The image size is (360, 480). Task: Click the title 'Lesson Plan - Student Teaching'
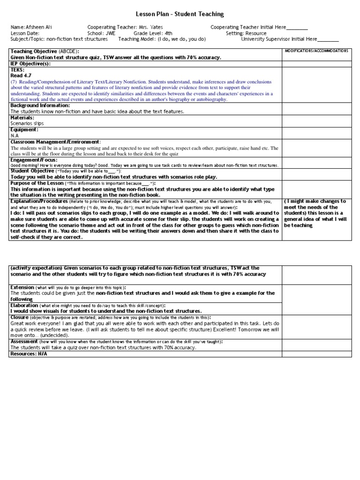point(180,15)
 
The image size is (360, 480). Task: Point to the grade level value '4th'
point(169,33)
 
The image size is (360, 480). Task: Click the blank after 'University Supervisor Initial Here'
point(328,39)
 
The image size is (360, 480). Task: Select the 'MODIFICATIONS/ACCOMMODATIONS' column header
point(316,50)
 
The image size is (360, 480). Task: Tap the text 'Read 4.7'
point(21,75)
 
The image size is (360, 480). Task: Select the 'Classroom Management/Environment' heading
point(54,142)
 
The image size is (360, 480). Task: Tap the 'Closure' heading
point(20,317)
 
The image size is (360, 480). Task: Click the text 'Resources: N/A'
point(29,354)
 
